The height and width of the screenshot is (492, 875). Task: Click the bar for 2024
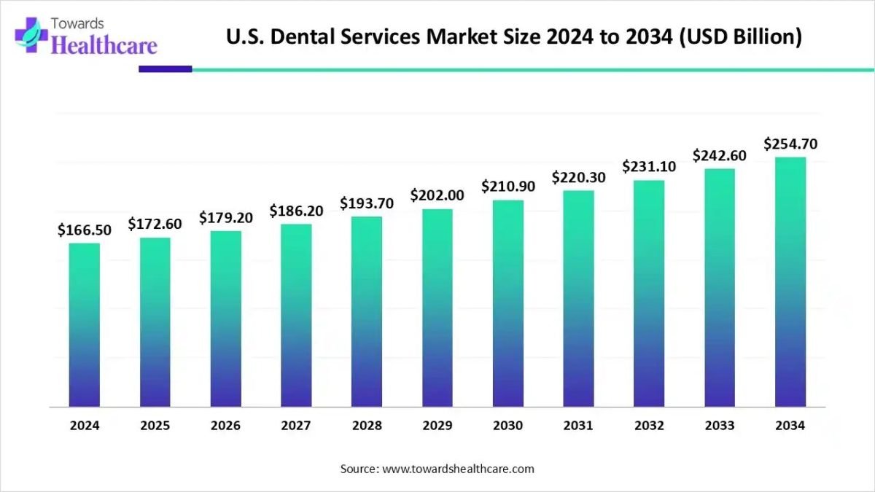pyautogui.click(x=85, y=324)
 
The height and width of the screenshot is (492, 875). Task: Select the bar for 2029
pyautogui.click(x=437, y=308)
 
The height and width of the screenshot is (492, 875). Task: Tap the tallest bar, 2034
pyautogui.click(x=790, y=281)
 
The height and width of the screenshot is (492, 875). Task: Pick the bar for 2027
pyautogui.click(x=296, y=315)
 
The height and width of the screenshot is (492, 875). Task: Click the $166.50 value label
pyautogui.click(x=85, y=230)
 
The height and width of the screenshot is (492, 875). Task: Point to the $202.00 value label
pyautogui.click(x=437, y=195)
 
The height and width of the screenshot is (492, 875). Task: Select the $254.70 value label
pyautogui.click(x=790, y=144)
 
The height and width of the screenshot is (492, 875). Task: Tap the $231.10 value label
pyautogui.click(x=649, y=167)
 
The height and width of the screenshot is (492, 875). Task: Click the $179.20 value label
pyautogui.click(x=226, y=218)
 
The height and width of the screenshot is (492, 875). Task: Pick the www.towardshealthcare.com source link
pyautogui.click(x=459, y=469)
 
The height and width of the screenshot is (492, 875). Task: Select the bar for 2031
pyautogui.click(x=578, y=299)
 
